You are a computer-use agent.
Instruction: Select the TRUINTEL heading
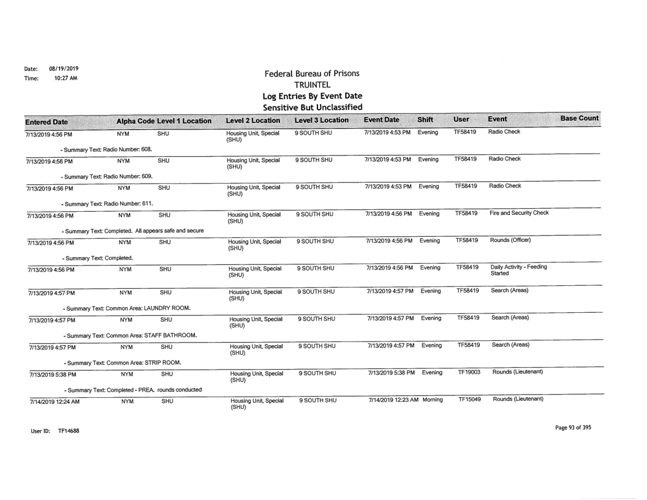coord(317,86)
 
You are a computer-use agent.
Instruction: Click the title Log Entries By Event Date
coord(317,97)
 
